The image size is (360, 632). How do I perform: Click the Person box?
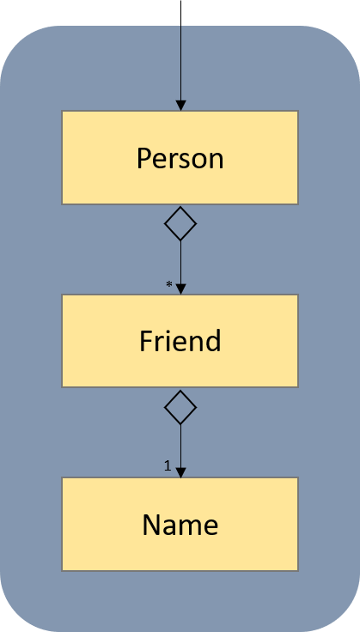click(180, 157)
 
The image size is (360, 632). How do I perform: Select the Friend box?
click(180, 341)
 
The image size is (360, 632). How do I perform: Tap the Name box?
click(180, 524)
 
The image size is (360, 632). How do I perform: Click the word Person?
click(180, 158)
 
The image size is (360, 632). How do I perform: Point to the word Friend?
click(180, 341)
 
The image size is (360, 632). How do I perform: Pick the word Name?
click(180, 525)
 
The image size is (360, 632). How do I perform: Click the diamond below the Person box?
click(180, 224)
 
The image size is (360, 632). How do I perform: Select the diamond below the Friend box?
click(180, 407)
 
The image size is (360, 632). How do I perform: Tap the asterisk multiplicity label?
click(169, 284)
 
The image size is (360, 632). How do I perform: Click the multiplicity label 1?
click(168, 466)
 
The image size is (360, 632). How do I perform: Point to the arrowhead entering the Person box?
click(181, 106)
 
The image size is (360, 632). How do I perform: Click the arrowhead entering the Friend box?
click(181, 289)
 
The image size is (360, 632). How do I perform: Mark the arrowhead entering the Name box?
click(181, 472)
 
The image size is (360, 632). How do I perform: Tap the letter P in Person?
click(144, 158)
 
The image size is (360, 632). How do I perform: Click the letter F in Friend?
click(146, 341)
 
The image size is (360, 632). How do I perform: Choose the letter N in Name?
click(152, 525)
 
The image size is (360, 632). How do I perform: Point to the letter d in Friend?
click(214, 341)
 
